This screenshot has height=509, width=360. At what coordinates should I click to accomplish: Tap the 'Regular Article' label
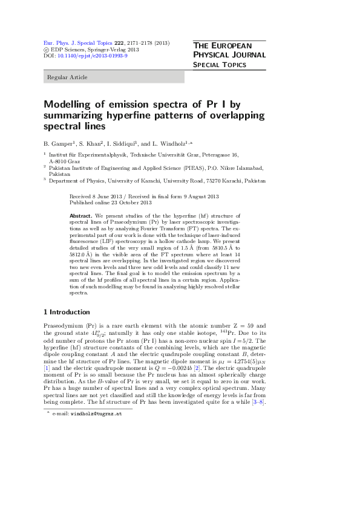67,77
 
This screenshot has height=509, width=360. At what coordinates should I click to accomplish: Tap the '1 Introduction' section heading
67,312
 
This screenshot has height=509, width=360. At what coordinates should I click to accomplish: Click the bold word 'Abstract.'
80,215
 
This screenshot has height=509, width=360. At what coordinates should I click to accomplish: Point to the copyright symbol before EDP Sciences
47,50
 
